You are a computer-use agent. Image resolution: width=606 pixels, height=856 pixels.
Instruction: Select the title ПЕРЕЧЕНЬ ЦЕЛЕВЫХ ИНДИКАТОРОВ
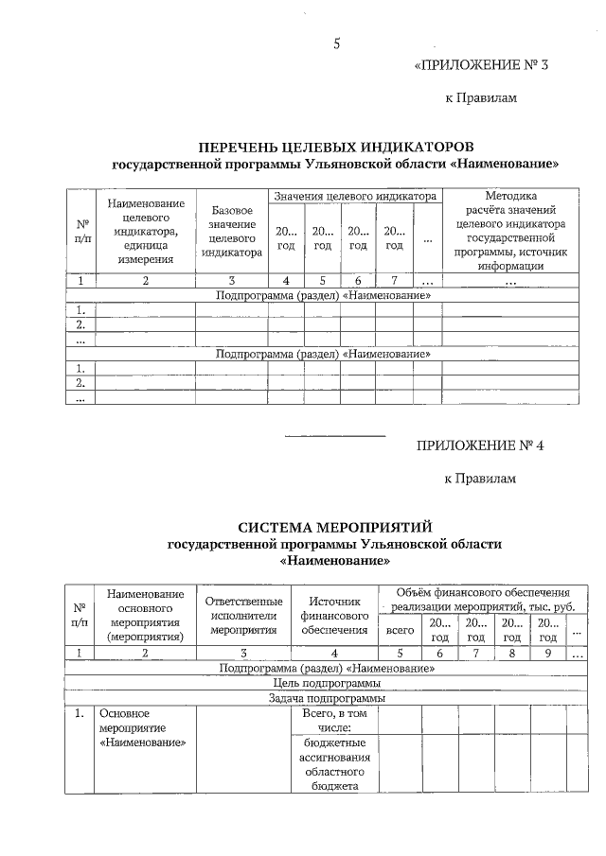(x=335, y=148)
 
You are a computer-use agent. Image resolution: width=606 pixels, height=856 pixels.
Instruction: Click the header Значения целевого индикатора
(x=354, y=196)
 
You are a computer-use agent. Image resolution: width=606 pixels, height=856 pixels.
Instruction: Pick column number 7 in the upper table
(x=392, y=280)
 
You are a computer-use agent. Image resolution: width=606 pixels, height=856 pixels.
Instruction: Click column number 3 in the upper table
(x=231, y=280)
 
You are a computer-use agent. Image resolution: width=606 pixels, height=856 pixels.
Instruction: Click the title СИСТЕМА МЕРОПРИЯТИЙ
(x=335, y=526)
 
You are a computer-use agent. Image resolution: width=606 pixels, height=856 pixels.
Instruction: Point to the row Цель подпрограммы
(x=327, y=682)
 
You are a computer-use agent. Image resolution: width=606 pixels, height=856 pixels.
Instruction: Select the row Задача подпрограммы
(x=327, y=697)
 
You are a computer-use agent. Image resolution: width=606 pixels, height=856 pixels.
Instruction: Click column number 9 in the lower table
(x=546, y=653)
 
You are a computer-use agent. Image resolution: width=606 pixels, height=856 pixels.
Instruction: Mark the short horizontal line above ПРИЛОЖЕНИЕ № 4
(x=335, y=434)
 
